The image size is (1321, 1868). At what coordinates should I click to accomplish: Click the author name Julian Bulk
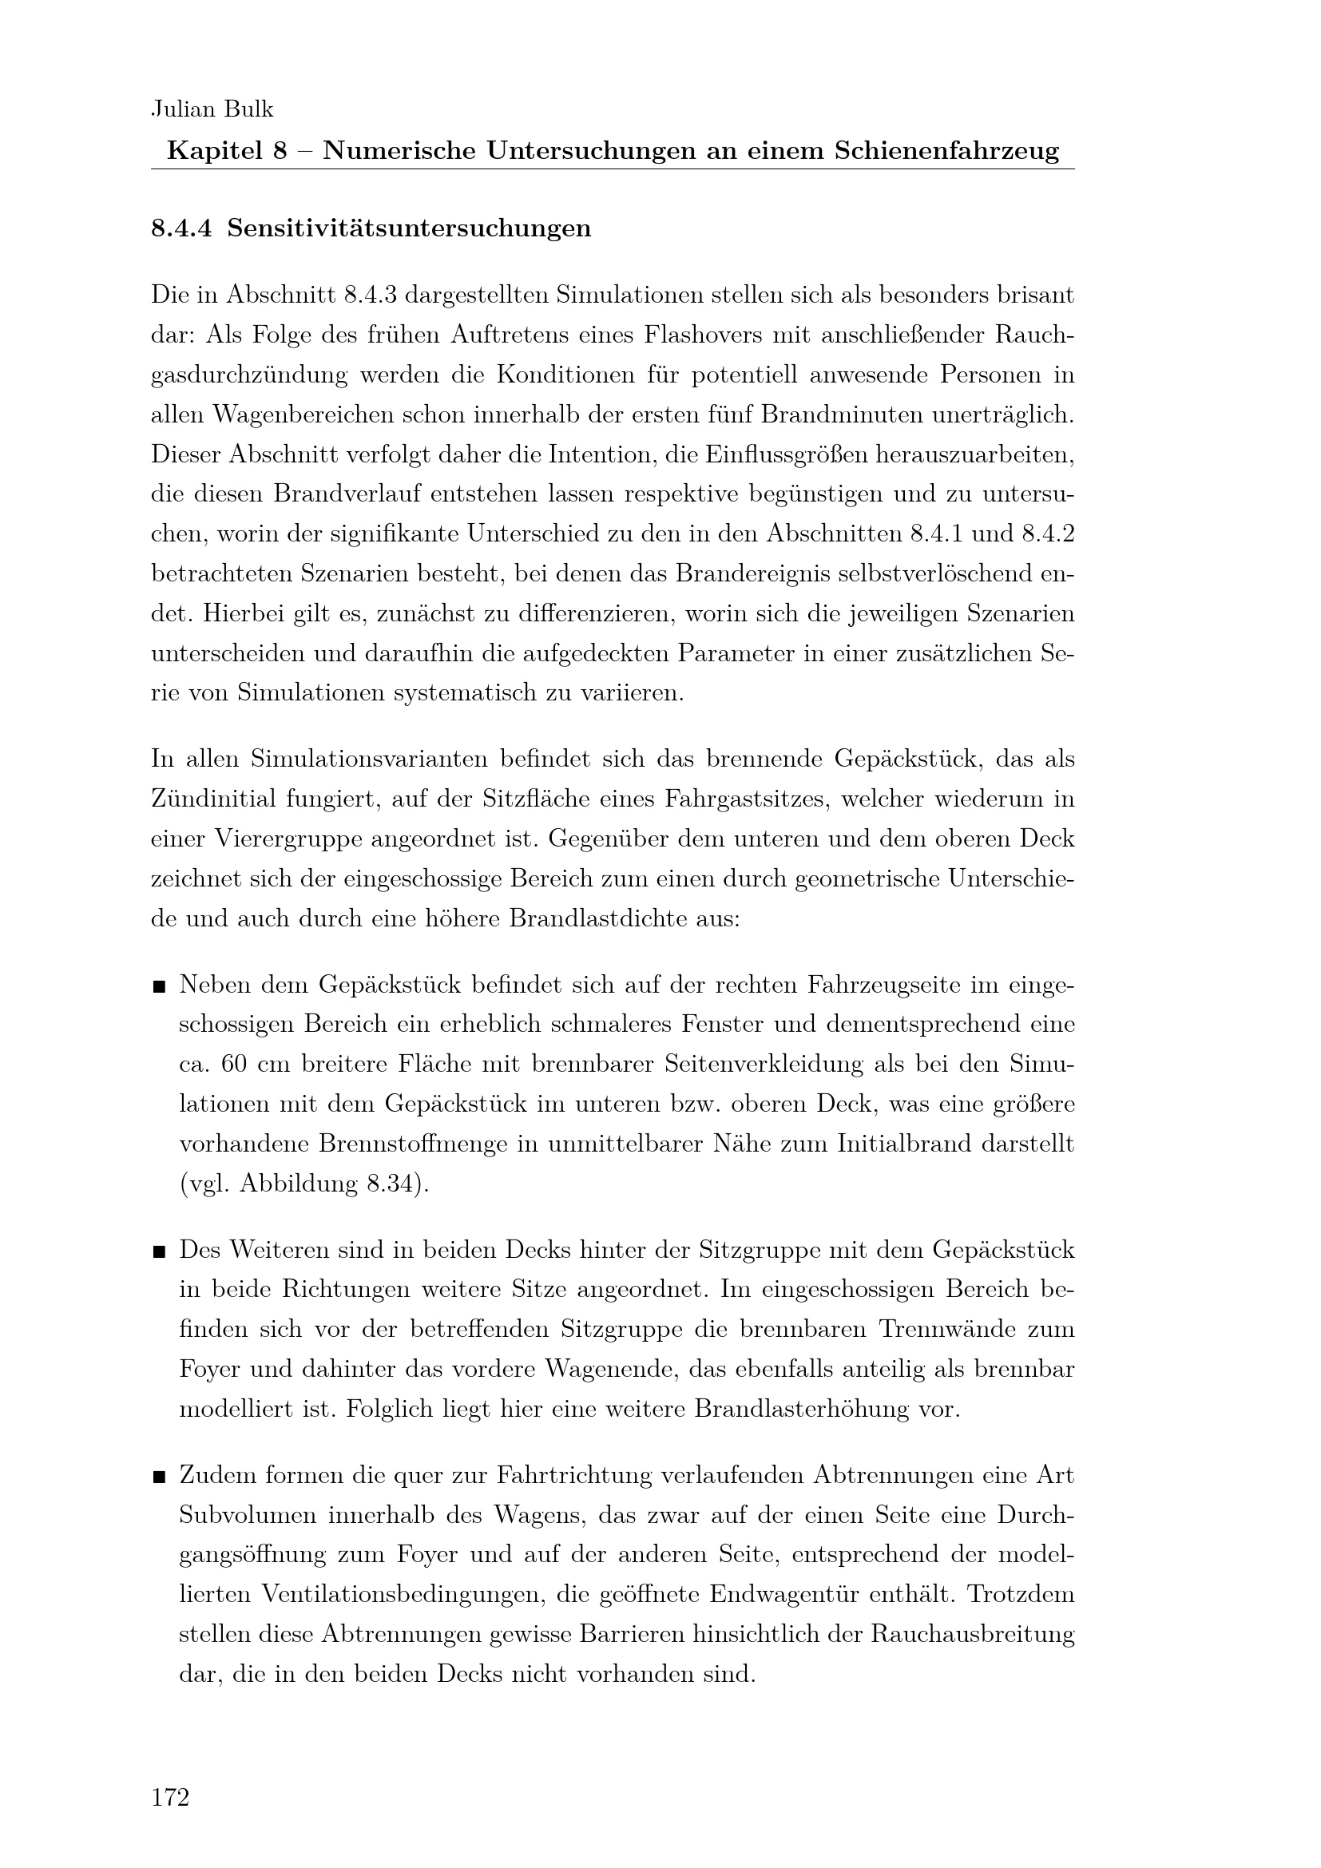(212, 109)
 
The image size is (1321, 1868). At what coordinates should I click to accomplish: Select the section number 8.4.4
(181, 229)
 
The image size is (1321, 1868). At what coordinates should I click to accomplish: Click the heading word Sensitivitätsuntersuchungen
(409, 229)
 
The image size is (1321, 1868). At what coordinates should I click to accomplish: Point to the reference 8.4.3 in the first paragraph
(370, 295)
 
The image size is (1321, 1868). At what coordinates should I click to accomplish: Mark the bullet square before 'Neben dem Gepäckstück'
(160, 988)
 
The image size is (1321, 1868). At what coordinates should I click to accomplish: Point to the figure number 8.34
(390, 1184)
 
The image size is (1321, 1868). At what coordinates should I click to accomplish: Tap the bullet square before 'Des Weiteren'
(160, 1251)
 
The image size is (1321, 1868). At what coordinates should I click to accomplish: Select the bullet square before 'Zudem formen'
(160, 1477)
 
